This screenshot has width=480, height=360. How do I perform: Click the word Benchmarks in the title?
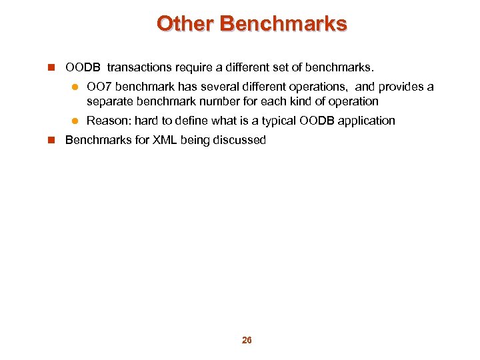[x=283, y=24]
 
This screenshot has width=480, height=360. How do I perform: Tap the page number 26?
[x=247, y=340]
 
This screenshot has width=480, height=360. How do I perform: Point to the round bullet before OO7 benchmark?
[x=75, y=87]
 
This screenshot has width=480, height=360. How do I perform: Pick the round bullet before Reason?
[x=75, y=121]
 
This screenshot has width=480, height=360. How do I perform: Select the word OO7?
[x=99, y=87]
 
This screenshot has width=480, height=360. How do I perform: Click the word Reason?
[x=109, y=121]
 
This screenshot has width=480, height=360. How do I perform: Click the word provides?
[x=400, y=87]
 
